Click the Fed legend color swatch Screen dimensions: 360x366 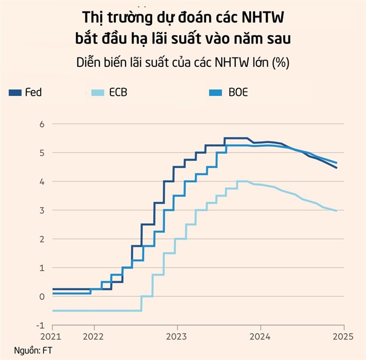[15, 93]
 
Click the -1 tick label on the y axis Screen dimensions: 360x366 [41, 326]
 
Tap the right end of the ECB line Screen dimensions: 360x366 [336, 211]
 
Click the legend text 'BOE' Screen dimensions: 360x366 [238, 93]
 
